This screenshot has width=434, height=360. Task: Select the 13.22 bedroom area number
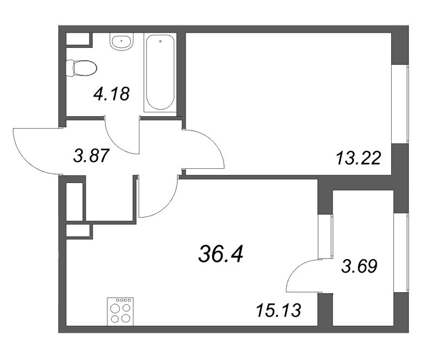point(359,159)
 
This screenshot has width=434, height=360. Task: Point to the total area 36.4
point(221,254)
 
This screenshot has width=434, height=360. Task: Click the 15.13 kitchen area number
point(278,310)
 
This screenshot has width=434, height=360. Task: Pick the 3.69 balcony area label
point(359,266)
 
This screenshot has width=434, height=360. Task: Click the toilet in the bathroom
point(82,68)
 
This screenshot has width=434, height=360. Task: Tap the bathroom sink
point(122,42)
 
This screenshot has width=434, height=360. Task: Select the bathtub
point(160,73)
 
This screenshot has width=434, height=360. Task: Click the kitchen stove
point(120,312)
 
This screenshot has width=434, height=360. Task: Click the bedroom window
point(400,104)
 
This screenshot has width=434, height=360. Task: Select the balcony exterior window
point(401,252)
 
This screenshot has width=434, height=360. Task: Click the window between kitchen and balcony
point(325,236)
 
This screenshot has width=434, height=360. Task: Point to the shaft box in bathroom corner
point(79,39)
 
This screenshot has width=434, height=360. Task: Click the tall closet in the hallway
point(75,201)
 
